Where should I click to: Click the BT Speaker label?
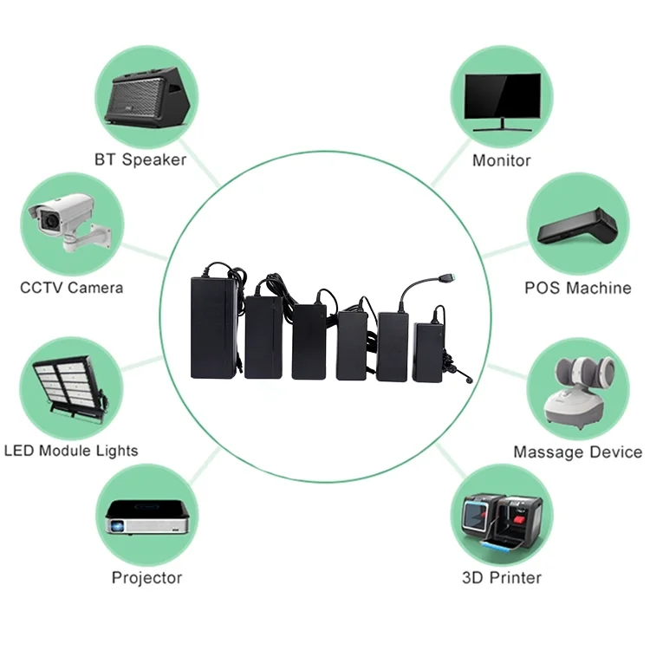140,160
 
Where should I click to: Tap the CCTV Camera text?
72,288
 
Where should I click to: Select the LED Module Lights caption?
71,451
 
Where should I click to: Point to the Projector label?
146,578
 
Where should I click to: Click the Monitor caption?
502,160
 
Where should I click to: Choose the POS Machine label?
577,288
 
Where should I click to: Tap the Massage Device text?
577,452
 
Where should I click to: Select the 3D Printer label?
502,578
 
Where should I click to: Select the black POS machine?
577,227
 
